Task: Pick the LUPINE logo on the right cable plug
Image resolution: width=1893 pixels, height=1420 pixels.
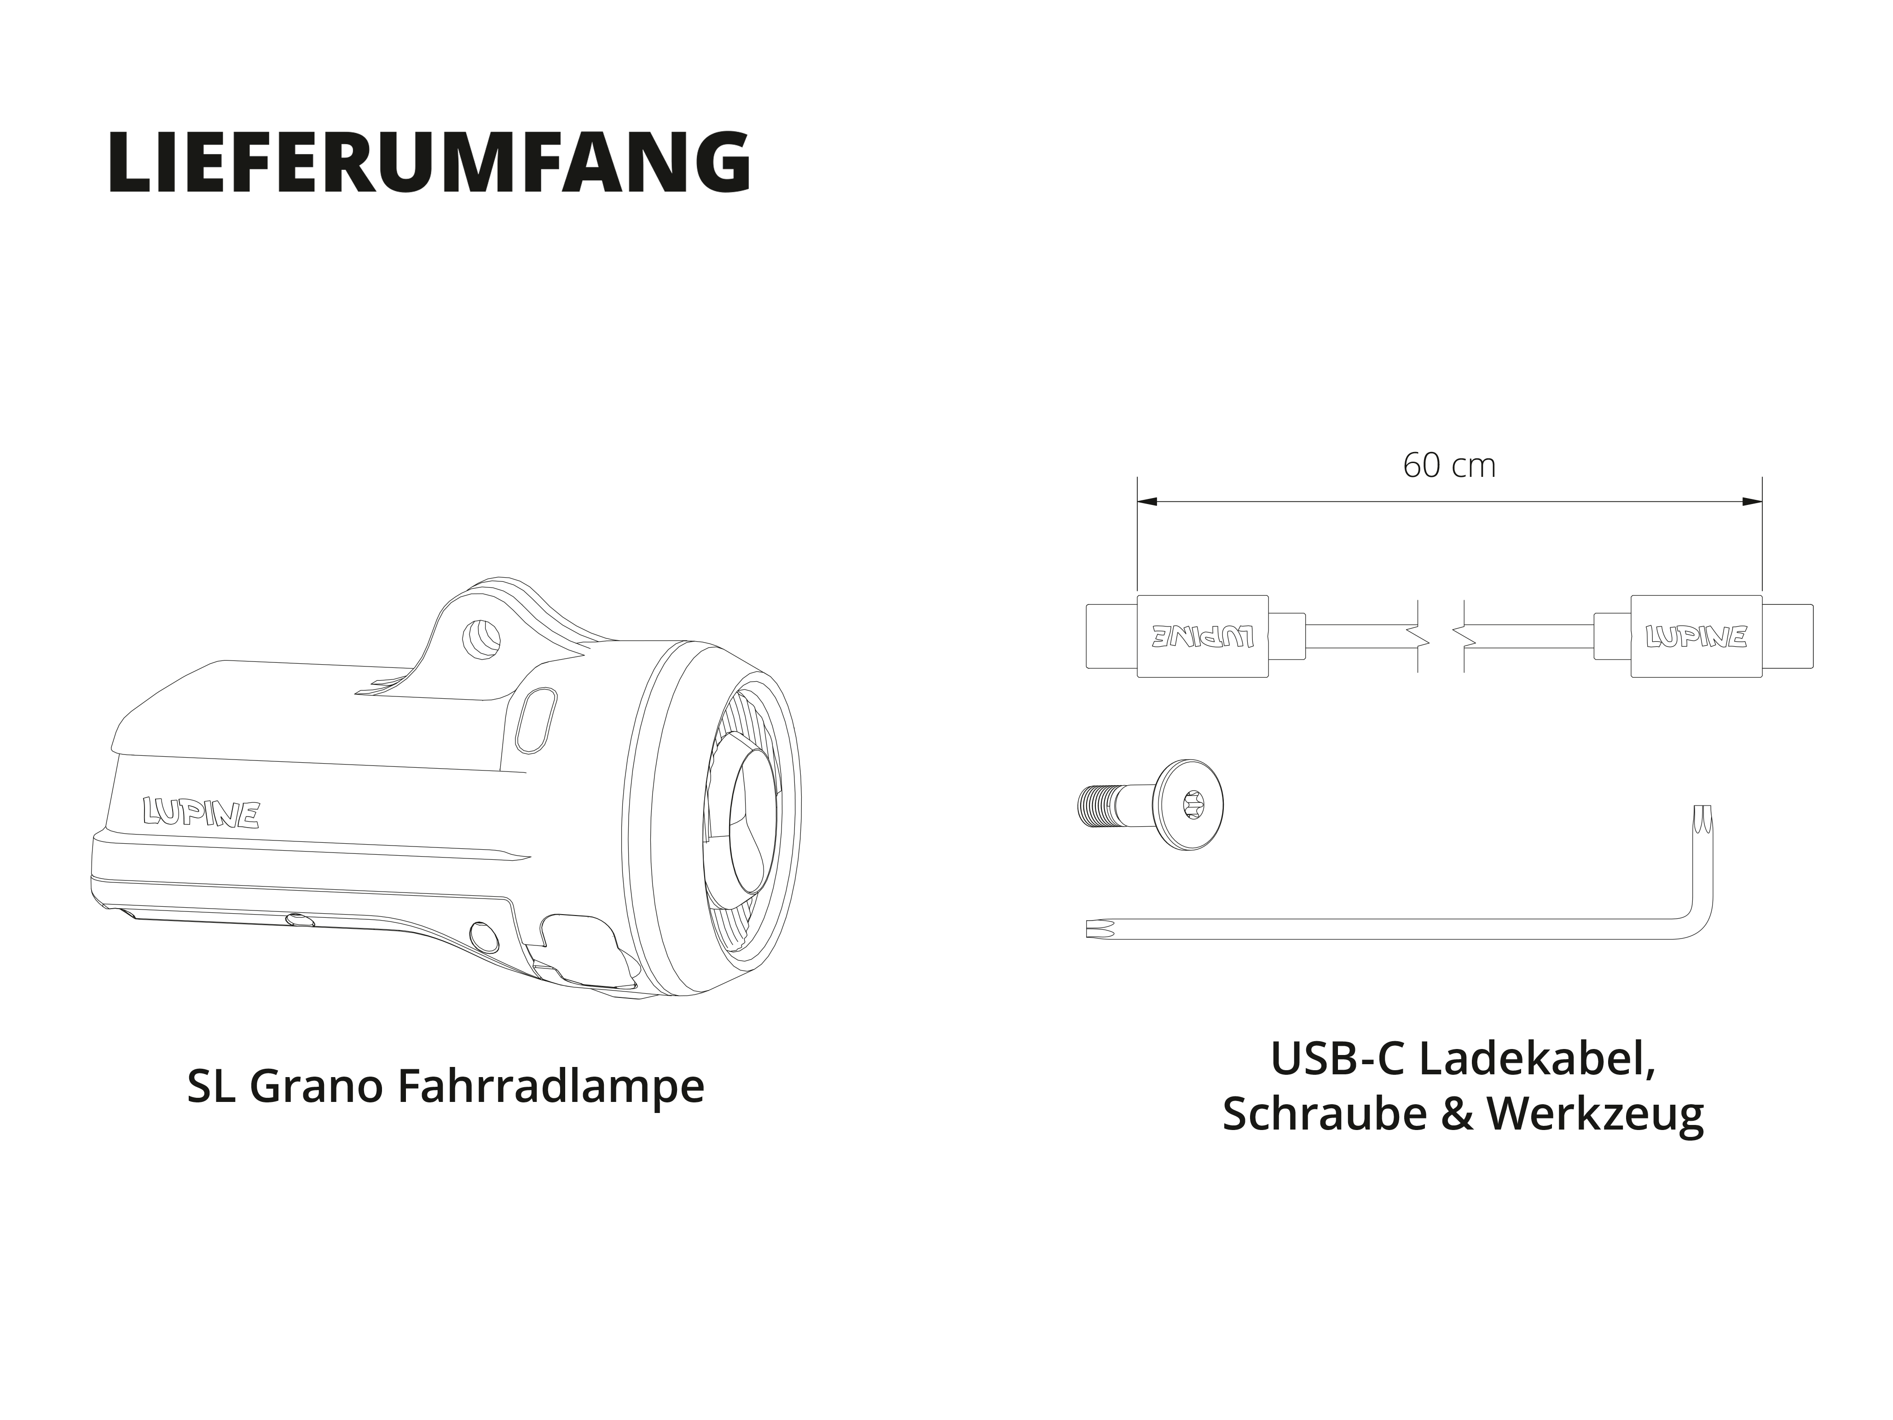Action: pyautogui.click(x=1695, y=636)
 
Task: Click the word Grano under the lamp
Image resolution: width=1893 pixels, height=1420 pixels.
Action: pyautogui.click(x=317, y=1087)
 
